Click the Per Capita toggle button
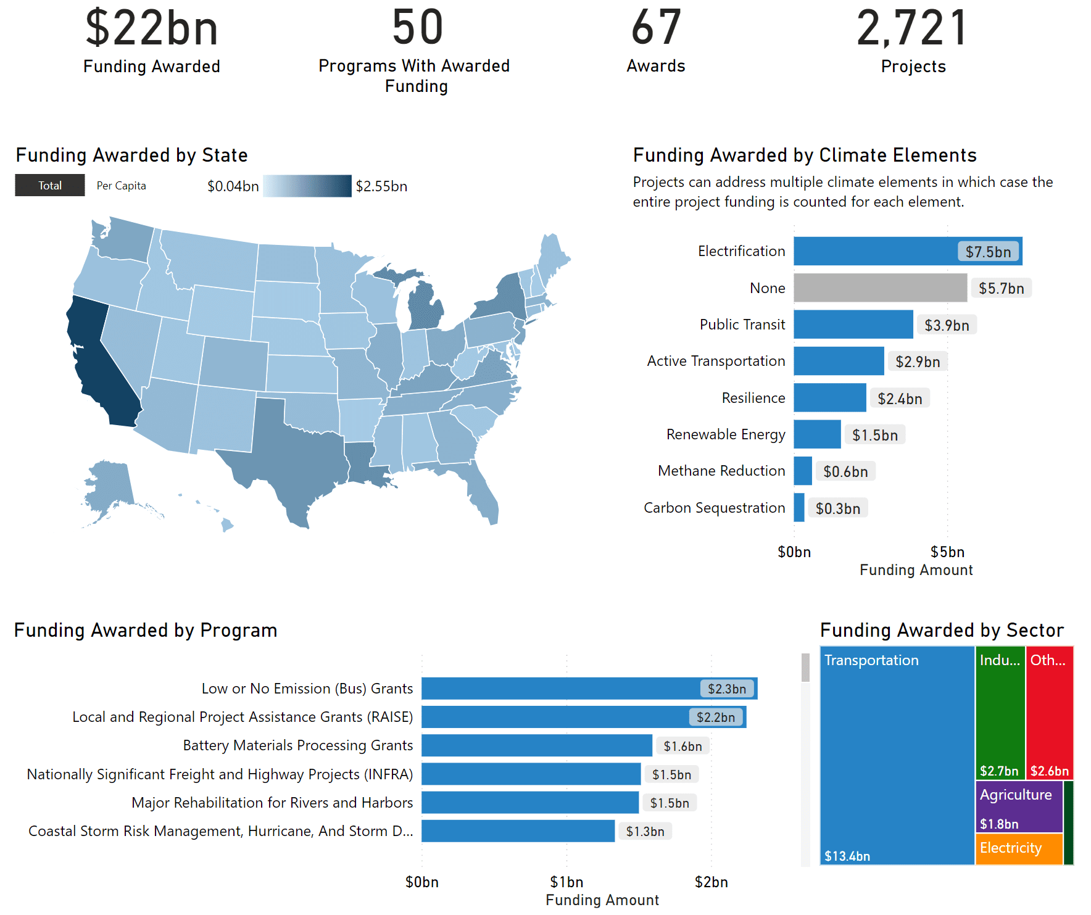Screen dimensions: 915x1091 click(x=121, y=186)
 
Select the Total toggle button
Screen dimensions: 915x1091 click(x=50, y=186)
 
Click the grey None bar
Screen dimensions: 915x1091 click(x=880, y=288)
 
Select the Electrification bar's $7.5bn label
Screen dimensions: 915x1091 click(x=988, y=252)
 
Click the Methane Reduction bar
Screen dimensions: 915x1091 click(x=803, y=471)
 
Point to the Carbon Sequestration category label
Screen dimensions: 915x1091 click(x=714, y=508)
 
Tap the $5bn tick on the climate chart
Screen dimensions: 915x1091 click(x=947, y=552)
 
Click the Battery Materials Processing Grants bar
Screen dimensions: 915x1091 click(x=536, y=745)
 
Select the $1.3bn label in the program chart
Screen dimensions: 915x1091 click(x=645, y=831)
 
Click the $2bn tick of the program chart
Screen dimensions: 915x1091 click(x=711, y=882)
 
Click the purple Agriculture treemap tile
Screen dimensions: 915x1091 click(x=1019, y=807)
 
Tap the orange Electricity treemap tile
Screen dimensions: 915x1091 click(x=1019, y=849)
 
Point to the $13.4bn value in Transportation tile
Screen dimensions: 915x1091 click(x=847, y=856)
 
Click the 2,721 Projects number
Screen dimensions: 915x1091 click(x=912, y=28)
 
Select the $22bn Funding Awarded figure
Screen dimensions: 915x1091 click(x=152, y=28)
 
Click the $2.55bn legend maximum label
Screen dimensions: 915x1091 click(x=381, y=186)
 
